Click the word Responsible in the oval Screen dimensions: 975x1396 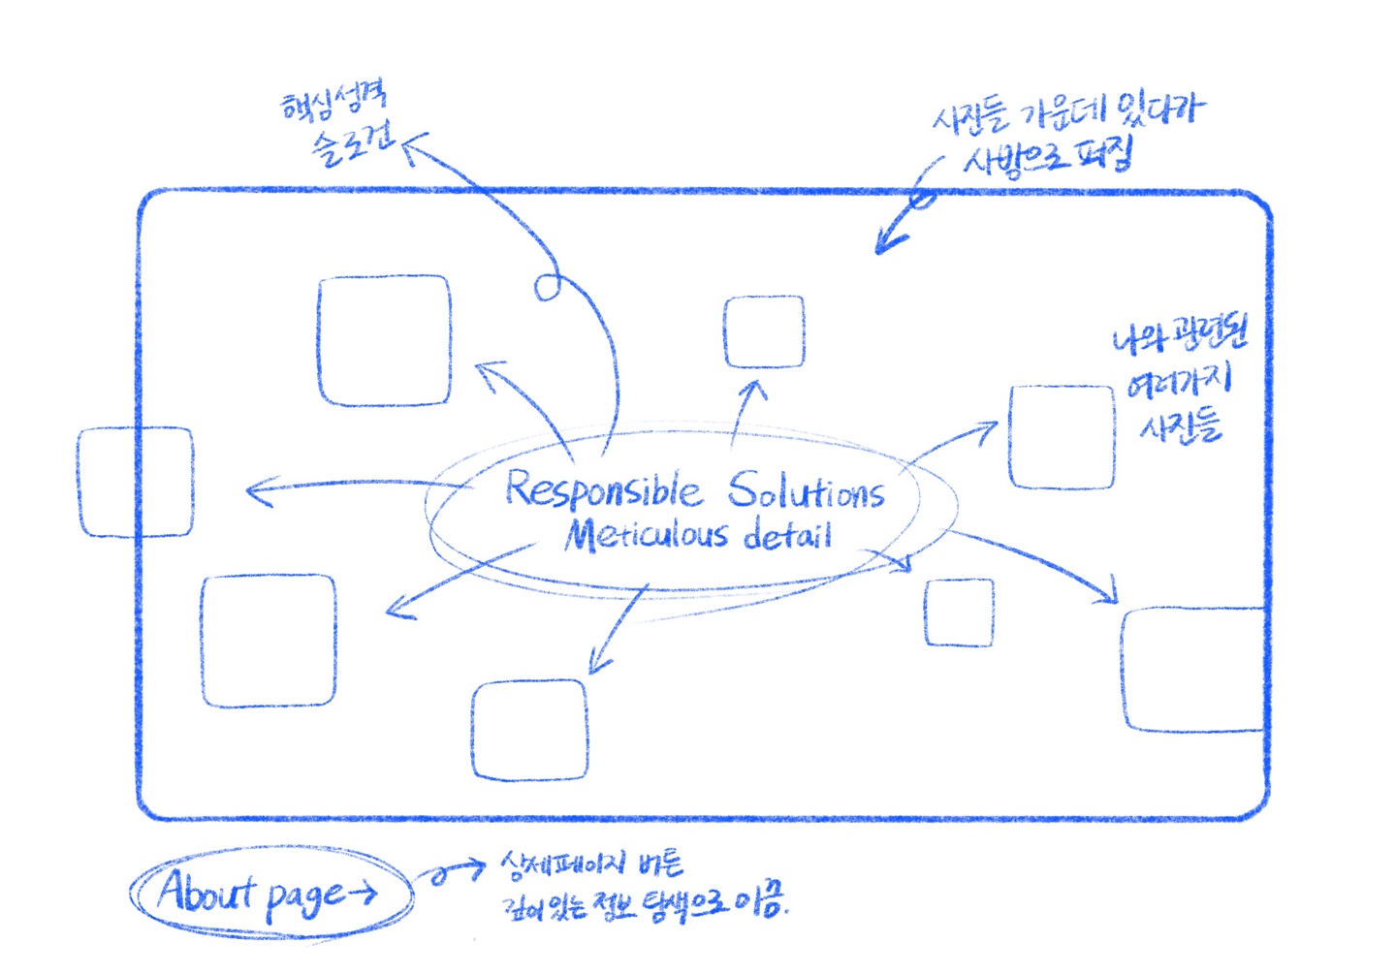(602, 489)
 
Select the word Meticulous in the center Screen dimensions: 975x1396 (646, 535)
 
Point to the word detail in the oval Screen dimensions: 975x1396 (787, 535)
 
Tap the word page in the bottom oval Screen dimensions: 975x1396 (303, 896)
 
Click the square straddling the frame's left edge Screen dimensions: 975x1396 (136, 482)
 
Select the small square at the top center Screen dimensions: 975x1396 (764, 331)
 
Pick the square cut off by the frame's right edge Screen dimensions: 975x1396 (1193, 669)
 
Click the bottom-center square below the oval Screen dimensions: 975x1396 (529, 730)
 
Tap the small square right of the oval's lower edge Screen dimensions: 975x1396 (959, 613)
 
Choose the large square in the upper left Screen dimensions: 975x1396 (385, 340)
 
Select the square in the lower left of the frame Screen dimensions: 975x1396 (269, 641)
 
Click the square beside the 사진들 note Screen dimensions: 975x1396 (1062, 437)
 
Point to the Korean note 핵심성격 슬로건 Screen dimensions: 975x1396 (339, 126)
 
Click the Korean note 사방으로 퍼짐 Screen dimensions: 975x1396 (1047, 155)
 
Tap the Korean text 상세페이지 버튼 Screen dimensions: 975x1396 (591, 863)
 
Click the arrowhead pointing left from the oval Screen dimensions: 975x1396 (254, 490)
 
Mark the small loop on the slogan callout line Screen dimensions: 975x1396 (548, 286)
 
